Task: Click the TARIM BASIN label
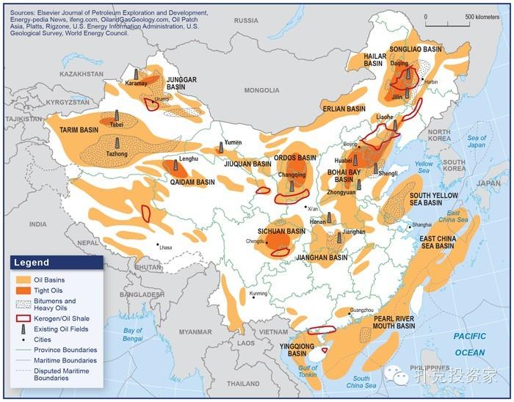click(79, 130)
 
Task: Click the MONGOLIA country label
click(261, 90)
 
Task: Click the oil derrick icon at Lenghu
click(175, 165)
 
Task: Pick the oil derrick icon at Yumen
click(220, 148)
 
